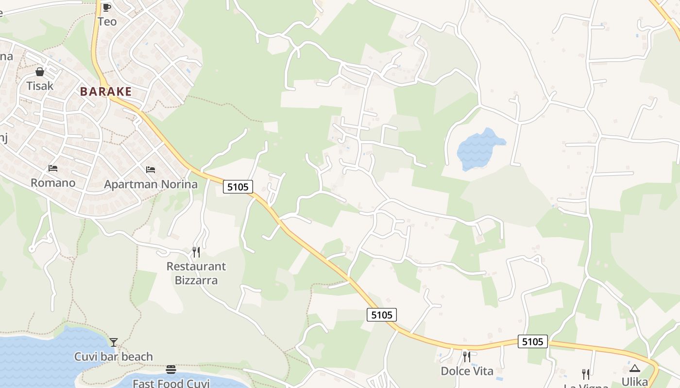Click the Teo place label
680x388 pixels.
[x=107, y=21]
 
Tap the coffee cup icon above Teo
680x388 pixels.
[x=107, y=7]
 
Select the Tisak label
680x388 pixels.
[x=40, y=86]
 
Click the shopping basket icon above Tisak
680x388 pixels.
[x=40, y=72]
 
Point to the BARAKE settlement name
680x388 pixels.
[x=106, y=92]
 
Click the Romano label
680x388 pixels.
[x=53, y=183]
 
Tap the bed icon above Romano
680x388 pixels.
[x=53, y=168]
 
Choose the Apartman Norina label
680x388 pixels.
[x=151, y=184]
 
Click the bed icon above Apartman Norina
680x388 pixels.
[x=151, y=170]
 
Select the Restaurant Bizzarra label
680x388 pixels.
[x=196, y=273]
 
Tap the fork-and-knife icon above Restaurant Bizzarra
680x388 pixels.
[x=196, y=252]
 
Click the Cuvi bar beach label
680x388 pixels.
[x=113, y=357]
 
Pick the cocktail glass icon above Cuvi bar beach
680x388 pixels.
[x=113, y=342]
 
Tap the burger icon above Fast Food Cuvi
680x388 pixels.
[x=170, y=370]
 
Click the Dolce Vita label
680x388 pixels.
[x=467, y=372]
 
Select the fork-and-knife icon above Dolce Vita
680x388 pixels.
[x=467, y=357]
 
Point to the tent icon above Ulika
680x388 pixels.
[x=635, y=368]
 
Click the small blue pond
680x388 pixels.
[x=478, y=148]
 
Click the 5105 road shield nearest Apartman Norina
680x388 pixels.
[x=238, y=187]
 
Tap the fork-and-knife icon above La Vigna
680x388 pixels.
[x=586, y=374]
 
